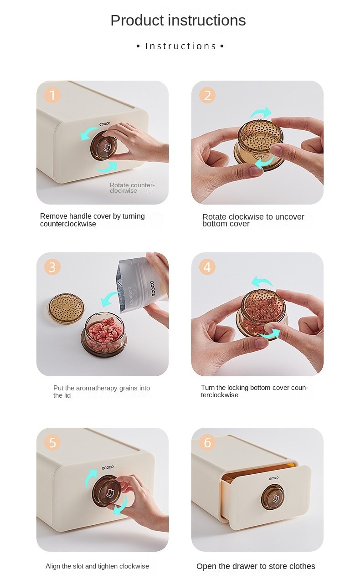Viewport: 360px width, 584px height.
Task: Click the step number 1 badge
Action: [x=52, y=95]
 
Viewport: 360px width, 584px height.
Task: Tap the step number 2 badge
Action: [x=207, y=95]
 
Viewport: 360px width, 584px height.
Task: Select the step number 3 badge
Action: [x=52, y=267]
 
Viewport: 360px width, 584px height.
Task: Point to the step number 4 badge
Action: [x=207, y=267]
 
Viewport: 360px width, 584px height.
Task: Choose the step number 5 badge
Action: [x=52, y=442]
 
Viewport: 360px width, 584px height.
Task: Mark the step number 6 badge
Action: [x=207, y=442]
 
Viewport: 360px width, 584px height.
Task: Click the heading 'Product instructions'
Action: [x=178, y=20]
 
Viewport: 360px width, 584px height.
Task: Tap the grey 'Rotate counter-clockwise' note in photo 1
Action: [x=132, y=188]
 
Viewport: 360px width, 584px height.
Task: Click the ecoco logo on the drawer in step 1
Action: [x=105, y=124]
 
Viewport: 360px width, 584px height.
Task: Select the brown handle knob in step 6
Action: [x=273, y=497]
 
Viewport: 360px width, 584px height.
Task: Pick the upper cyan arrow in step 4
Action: [x=262, y=282]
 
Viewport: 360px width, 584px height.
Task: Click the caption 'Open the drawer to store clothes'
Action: [x=256, y=566]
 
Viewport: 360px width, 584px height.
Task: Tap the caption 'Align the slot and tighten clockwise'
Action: [x=97, y=566]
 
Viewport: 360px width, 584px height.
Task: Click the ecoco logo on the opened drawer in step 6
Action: [x=274, y=478]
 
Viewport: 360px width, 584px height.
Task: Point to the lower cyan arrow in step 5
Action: [x=121, y=506]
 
